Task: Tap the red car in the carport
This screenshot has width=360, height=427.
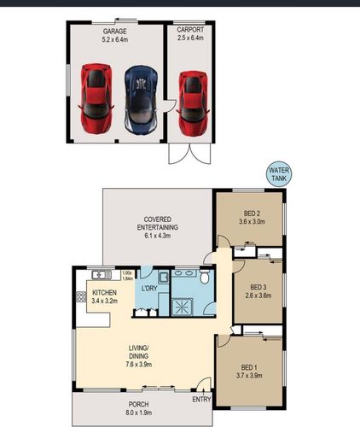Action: click(193, 103)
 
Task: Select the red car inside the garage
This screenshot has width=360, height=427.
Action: click(96, 98)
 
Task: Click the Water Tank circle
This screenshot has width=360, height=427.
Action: click(279, 174)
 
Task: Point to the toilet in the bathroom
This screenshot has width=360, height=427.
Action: click(205, 277)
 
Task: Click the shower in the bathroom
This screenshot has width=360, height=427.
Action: click(183, 307)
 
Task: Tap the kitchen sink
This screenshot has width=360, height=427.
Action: click(102, 275)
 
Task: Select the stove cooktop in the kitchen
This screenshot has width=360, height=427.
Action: click(81, 297)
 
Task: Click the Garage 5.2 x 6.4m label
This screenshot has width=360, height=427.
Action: click(115, 35)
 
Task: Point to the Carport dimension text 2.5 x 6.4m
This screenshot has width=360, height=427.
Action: click(190, 38)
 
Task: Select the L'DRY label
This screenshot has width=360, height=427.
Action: click(149, 288)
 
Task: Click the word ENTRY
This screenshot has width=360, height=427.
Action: click(201, 400)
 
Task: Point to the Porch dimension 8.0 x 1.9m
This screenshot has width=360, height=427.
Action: click(138, 412)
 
